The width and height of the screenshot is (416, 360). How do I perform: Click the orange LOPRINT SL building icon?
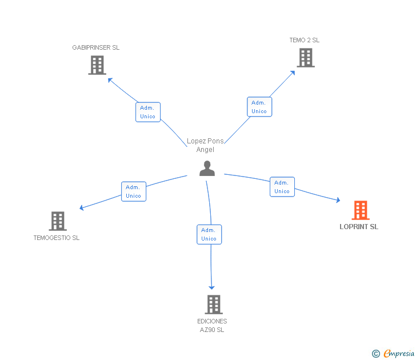point(361,210)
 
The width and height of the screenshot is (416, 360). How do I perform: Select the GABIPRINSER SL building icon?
point(97,65)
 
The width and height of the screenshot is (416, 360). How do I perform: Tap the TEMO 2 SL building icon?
point(306,58)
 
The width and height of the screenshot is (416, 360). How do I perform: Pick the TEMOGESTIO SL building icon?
point(58,221)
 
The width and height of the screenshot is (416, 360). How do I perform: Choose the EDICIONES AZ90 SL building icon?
point(214,305)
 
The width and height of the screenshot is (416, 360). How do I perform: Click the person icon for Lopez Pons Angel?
point(207,169)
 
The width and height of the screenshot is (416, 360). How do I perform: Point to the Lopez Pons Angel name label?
point(205,145)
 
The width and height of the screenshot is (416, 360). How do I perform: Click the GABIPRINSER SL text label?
point(96,47)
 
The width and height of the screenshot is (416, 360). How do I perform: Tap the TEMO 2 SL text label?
point(305,40)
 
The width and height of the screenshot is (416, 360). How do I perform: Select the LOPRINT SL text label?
point(359,227)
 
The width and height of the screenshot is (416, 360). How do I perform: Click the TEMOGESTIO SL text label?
point(57,238)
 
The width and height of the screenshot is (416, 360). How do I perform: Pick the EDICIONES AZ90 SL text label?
point(212,326)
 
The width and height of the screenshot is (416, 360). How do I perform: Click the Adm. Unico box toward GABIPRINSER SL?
point(148,112)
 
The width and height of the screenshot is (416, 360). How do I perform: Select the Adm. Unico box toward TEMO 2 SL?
point(259,107)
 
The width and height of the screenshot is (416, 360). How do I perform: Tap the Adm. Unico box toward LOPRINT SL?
point(282,187)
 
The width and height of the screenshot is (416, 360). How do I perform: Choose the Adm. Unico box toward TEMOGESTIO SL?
point(134,191)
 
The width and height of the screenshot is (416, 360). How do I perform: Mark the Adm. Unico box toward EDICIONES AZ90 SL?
point(209,234)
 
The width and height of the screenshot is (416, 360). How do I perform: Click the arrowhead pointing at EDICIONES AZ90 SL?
point(211,287)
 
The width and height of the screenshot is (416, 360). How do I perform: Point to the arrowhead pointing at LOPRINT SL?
point(338,200)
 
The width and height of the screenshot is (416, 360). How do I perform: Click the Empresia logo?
point(393,354)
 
